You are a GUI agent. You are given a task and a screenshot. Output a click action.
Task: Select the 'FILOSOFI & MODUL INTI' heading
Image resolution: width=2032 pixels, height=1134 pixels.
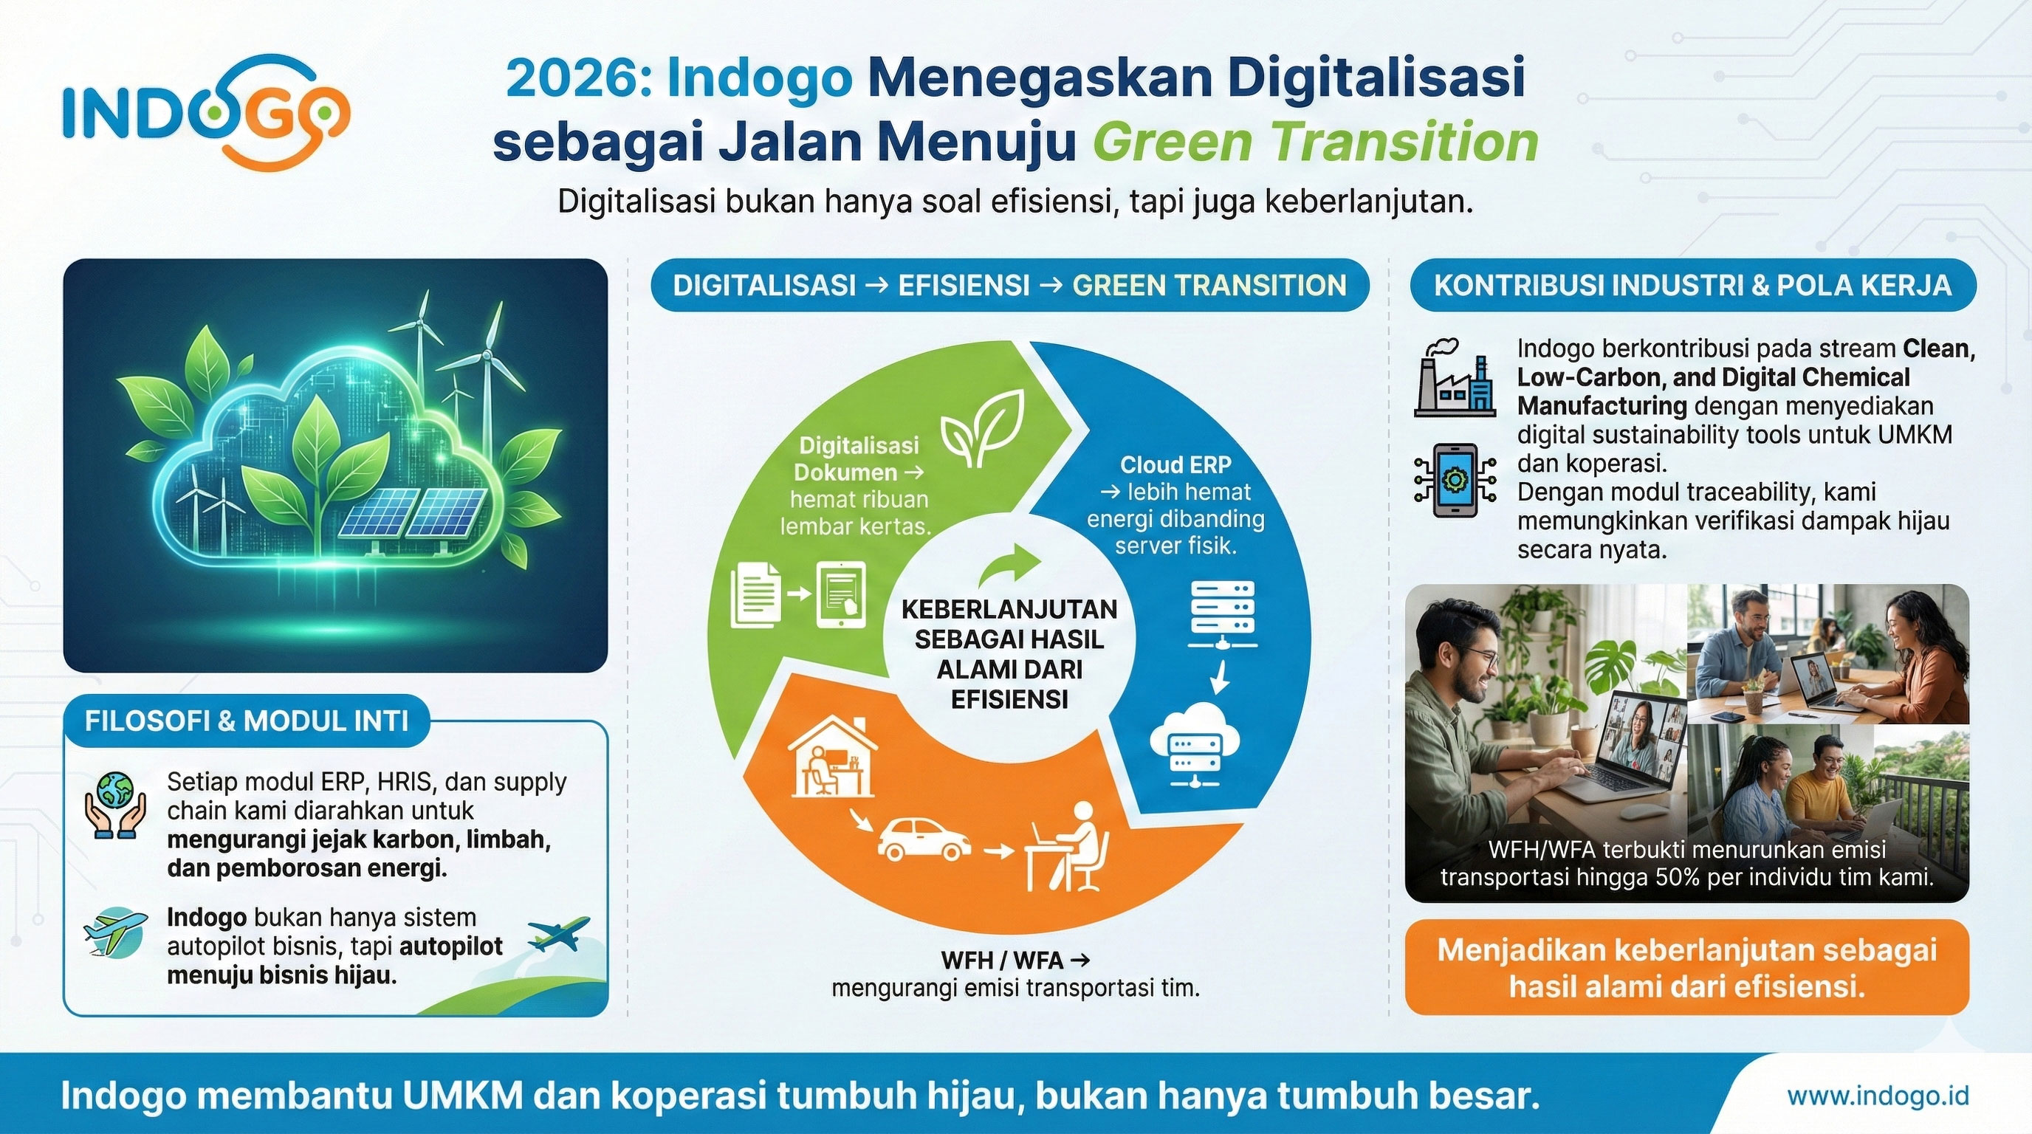(247, 721)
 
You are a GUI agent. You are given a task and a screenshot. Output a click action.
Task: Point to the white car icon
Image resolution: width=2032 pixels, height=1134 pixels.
(924, 839)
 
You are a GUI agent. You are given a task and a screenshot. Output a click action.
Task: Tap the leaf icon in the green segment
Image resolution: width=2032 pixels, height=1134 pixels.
(983, 430)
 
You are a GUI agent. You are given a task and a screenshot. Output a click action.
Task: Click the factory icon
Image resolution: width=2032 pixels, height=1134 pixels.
(1454, 379)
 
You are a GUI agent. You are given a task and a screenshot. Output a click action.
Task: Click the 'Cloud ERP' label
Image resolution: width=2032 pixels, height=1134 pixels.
(1175, 464)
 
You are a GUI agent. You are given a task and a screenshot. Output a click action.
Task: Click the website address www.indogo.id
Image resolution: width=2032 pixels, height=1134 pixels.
(1878, 1096)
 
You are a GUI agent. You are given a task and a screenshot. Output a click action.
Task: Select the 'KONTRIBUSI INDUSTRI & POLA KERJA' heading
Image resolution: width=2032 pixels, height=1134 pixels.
(1693, 286)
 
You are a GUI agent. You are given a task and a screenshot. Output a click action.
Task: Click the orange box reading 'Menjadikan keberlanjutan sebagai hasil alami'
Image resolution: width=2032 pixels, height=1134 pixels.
(1686, 969)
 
